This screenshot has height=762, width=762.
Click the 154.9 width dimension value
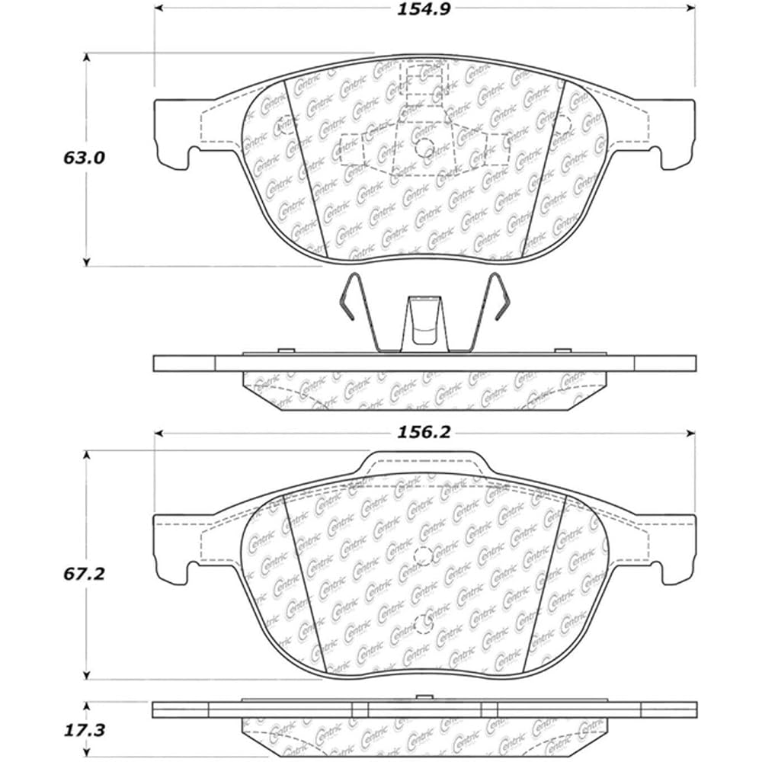424,9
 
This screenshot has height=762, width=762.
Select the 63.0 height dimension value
84,158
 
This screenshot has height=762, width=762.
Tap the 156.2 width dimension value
424,432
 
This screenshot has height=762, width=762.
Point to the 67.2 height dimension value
84,574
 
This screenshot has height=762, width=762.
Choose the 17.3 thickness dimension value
84,731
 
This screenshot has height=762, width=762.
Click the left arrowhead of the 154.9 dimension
159,8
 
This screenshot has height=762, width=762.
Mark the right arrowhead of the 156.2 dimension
690,433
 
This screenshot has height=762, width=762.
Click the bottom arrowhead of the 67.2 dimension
87,675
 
